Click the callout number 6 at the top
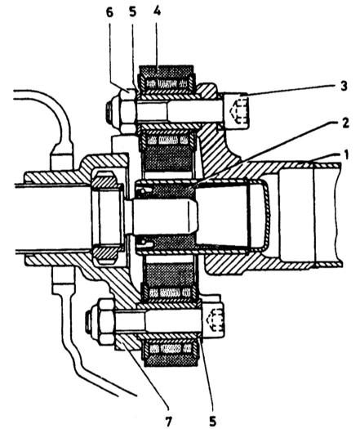109,12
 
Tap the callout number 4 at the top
157,11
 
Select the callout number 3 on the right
344,86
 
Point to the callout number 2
345,123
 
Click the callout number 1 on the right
346,155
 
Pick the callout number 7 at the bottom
169,421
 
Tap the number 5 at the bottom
213,421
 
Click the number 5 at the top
132,12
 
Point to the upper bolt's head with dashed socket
236,111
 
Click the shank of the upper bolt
179,112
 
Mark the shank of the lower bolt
158,321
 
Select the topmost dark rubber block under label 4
167,72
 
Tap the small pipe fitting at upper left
62,163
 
